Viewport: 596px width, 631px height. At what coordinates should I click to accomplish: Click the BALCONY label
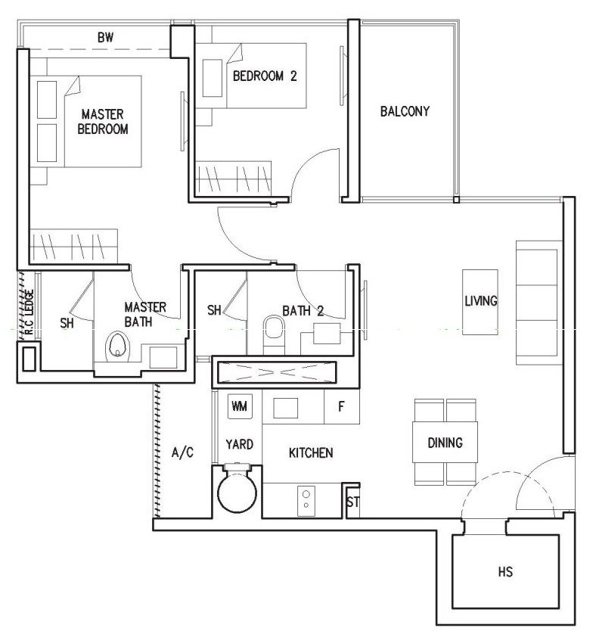405,111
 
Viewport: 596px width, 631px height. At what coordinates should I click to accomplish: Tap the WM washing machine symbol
240,406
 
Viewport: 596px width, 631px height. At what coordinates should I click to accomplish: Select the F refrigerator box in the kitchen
341,406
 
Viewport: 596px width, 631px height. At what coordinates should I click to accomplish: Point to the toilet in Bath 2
274,332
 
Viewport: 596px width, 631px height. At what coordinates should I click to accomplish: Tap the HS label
505,571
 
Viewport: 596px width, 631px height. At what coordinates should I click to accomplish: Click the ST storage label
352,502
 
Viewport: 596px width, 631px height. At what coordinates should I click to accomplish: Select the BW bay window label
105,37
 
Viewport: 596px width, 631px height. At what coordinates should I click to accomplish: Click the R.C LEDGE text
29,312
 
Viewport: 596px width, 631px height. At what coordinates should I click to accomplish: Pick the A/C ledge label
182,452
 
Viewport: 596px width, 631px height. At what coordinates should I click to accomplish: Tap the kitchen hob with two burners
306,502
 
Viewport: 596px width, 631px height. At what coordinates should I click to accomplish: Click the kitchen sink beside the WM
286,408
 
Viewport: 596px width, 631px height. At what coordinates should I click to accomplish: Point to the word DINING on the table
445,443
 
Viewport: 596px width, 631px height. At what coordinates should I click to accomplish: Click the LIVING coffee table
480,302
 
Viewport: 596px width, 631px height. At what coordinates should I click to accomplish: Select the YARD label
239,444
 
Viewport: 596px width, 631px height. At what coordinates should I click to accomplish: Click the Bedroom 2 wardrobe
233,177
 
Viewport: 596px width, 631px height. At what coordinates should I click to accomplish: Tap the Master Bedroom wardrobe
73,246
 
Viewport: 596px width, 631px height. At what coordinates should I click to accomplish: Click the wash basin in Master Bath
163,357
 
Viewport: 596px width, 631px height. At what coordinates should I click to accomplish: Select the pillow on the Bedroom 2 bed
213,78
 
